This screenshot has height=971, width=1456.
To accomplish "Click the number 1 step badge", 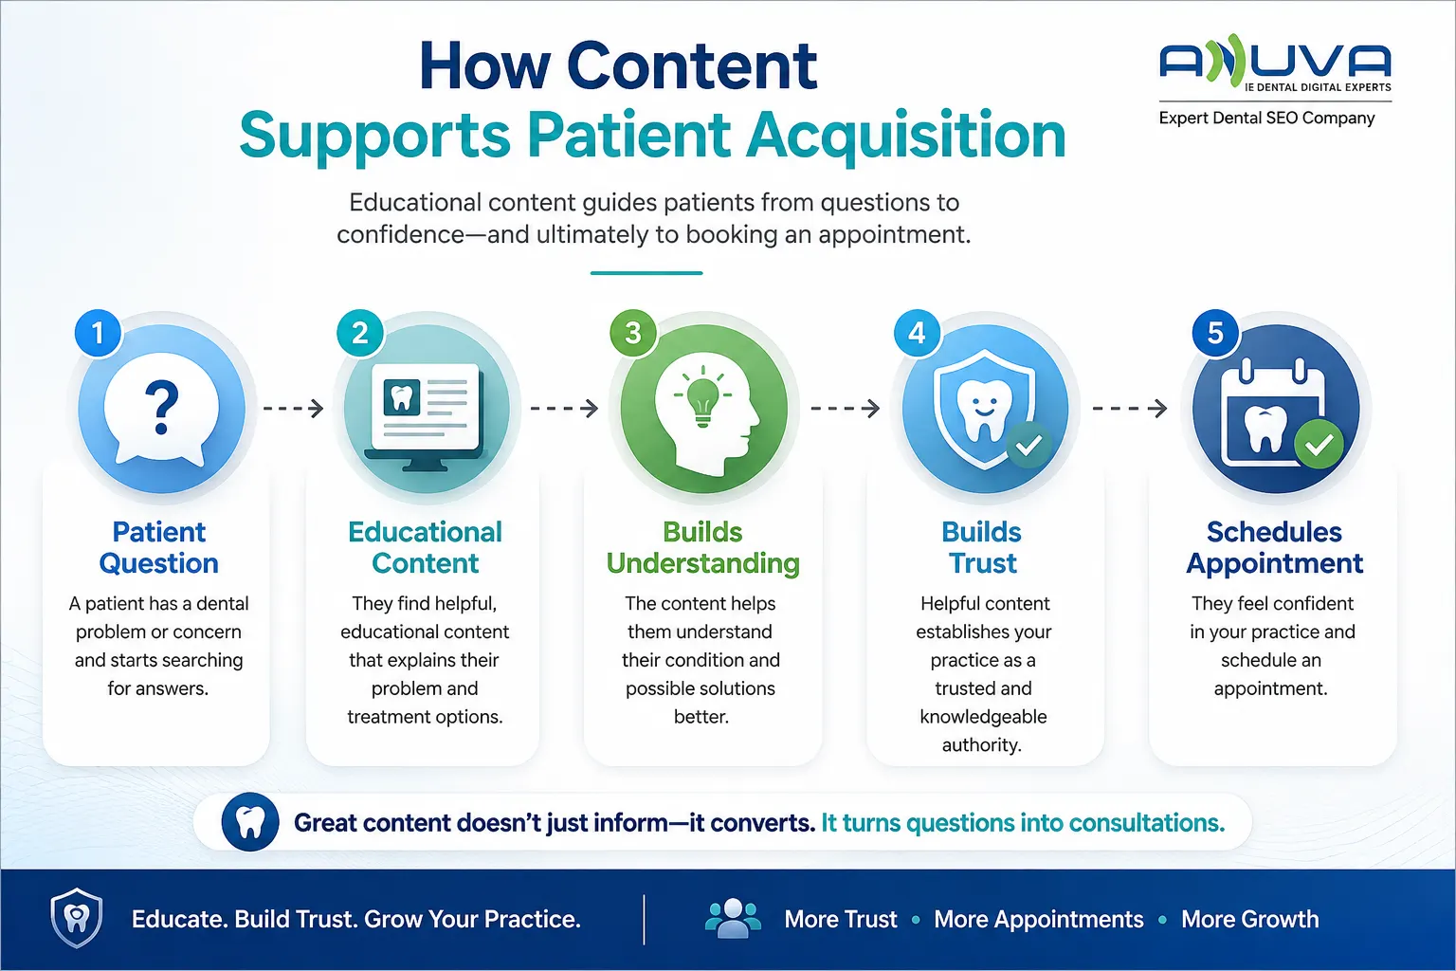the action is click(99, 333).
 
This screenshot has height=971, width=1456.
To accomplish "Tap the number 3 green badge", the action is click(633, 333).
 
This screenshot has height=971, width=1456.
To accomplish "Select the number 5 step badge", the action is click(1215, 333).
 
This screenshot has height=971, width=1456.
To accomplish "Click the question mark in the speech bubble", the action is click(162, 407).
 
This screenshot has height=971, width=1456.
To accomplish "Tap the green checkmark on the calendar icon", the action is click(1319, 445).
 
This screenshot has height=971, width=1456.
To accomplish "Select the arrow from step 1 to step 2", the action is click(293, 409).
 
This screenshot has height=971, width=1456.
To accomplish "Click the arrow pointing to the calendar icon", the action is click(1130, 409).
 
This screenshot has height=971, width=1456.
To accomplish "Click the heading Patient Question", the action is click(158, 548).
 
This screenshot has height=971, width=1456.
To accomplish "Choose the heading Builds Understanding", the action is click(702, 548).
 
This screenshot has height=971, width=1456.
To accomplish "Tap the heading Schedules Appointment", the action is click(1275, 548).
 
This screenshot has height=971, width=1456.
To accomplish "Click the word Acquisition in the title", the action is click(906, 136).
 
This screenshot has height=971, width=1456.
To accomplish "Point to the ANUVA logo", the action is click(1275, 63).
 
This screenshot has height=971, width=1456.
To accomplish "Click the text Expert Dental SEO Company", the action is click(1266, 118).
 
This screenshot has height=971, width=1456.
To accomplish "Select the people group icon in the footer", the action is click(733, 918).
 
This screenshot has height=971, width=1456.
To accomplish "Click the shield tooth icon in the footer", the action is click(77, 918).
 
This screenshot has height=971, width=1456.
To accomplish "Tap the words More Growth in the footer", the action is click(1250, 919).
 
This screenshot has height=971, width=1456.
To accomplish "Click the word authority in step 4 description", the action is click(982, 744).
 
